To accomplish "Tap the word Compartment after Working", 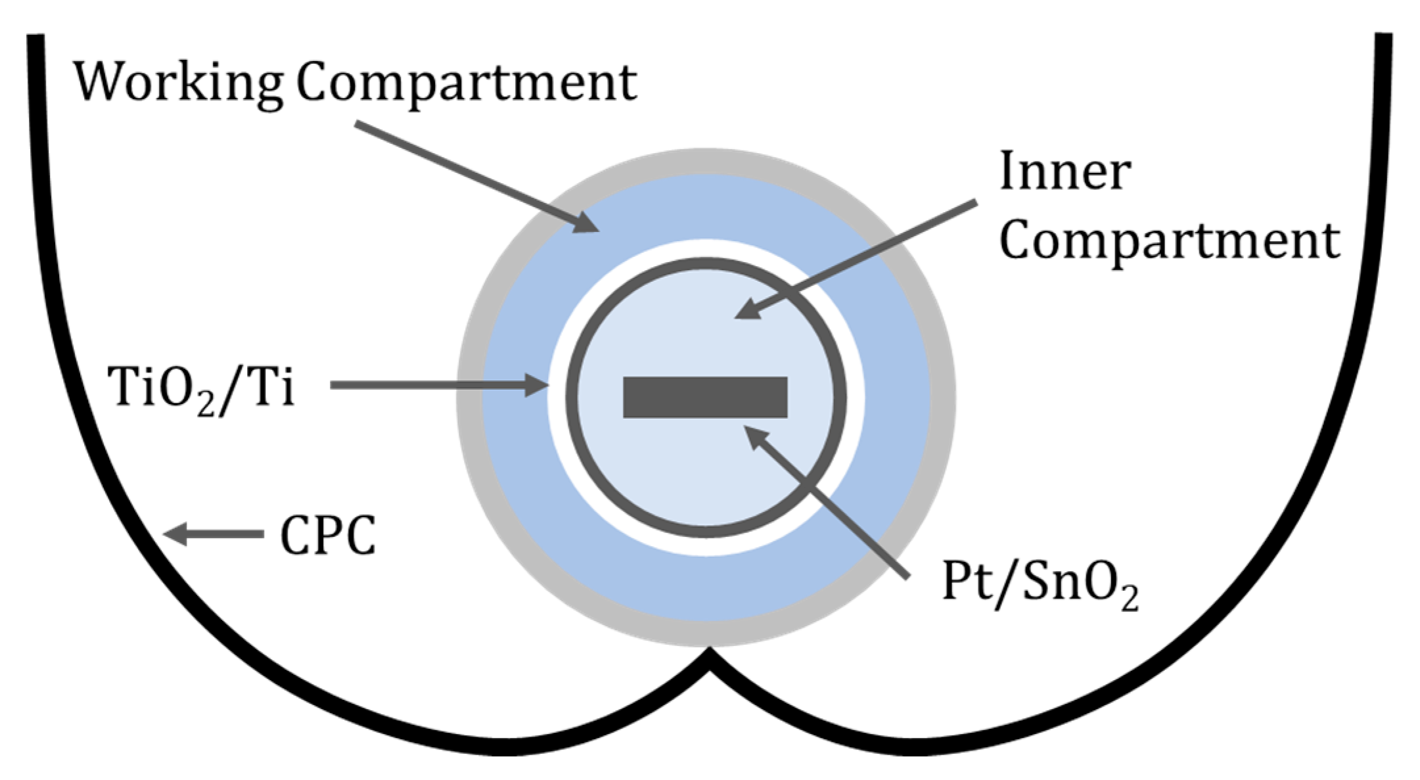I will click(x=466, y=83).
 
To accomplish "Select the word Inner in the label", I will click(x=1065, y=172).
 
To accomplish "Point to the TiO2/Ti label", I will click(x=201, y=389).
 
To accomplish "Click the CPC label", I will click(x=328, y=536).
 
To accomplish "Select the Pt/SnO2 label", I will click(x=1040, y=584).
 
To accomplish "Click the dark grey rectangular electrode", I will click(x=705, y=397).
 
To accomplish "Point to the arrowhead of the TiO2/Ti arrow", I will click(x=538, y=385).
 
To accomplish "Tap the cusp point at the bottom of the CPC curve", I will click(x=709, y=654).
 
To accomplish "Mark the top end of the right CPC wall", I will click(x=1383, y=37).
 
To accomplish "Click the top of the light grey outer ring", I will click(x=706, y=161).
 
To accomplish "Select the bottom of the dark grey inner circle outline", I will click(x=706, y=532).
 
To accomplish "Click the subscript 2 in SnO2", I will click(x=1130, y=600).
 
